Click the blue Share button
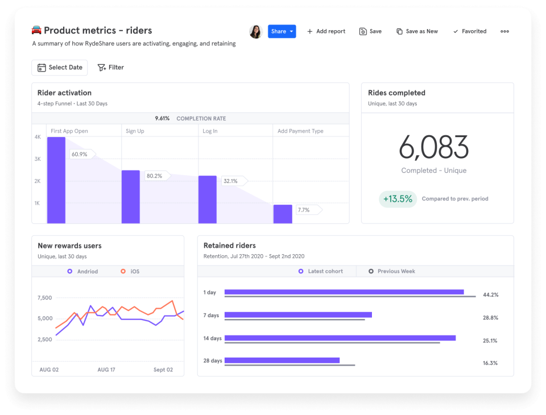pyautogui.click(x=282, y=31)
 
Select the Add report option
pyautogui.click(x=326, y=31)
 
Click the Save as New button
pyautogui.click(x=417, y=31)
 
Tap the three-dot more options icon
pyautogui.click(x=504, y=31)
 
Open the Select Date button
pyautogui.click(x=60, y=67)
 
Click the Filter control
pyautogui.click(x=110, y=67)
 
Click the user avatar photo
pyautogui.click(x=255, y=31)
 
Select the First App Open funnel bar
pyautogui.click(x=56, y=180)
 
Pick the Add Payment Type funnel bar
pyautogui.click(x=283, y=214)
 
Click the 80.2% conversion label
pyautogui.click(x=154, y=176)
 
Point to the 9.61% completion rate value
pyautogui.click(x=162, y=118)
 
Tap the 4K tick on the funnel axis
pyautogui.click(x=38, y=137)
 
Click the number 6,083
pyautogui.click(x=433, y=147)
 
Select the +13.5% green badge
pyautogui.click(x=397, y=199)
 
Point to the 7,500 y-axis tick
pyautogui.click(x=44, y=297)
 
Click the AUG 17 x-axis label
pyautogui.click(x=107, y=370)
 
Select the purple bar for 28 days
pyautogui.click(x=282, y=360)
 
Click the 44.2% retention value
pyautogui.click(x=490, y=295)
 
